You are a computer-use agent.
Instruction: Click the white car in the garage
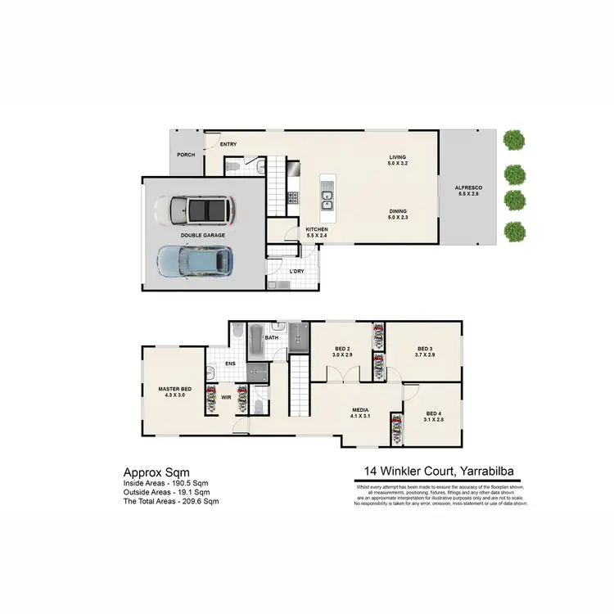coord(201,210)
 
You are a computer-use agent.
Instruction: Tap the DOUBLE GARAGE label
coord(203,235)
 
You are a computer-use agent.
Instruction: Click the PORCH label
coord(186,153)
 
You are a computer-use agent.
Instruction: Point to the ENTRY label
coord(228,145)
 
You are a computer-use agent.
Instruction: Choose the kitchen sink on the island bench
coord(327,195)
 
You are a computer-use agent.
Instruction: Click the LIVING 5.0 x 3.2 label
coord(398,161)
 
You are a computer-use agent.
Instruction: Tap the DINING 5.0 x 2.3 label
coord(398,214)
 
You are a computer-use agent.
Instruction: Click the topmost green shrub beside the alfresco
coord(513,140)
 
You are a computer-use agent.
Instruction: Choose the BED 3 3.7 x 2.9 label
coord(423,351)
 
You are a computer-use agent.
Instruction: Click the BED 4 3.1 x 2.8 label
coord(434,416)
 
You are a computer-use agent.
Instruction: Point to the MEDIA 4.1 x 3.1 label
coord(359,413)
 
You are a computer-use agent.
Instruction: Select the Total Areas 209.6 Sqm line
coord(171,500)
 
